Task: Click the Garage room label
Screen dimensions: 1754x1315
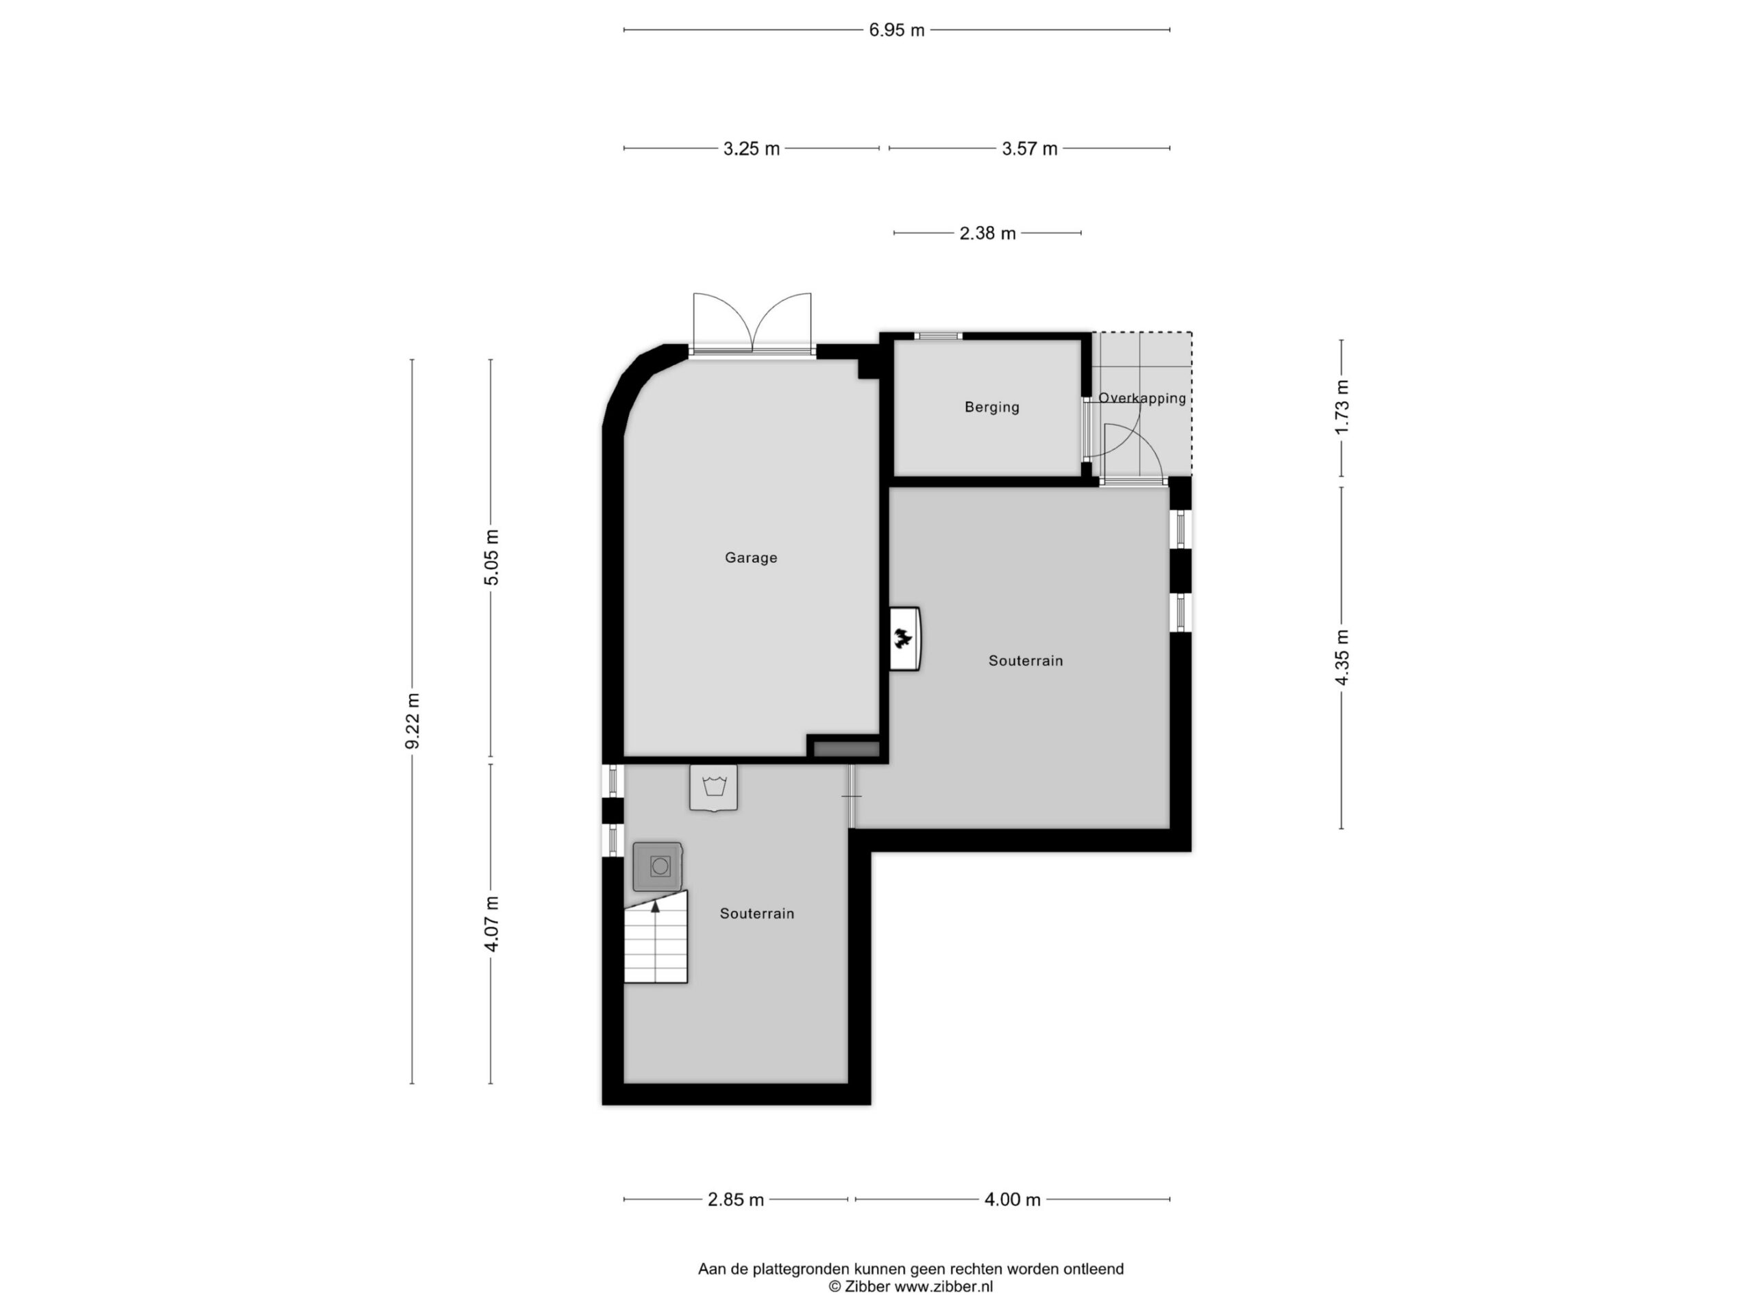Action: (x=751, y=558)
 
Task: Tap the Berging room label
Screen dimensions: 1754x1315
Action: (x=992, y=408)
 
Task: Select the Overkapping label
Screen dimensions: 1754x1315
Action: (x=1142, y=398)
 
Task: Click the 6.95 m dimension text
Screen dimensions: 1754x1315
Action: (x=897, y=30)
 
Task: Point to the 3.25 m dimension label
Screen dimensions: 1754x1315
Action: (x=751, y=148)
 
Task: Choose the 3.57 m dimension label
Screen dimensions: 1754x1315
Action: (x=1029, y=148)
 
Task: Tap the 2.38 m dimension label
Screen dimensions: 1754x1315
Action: (x=987, y=233)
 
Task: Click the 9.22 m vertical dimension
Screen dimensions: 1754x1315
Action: (x=412, y=721)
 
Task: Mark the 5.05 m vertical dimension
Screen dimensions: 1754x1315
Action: (x=492, y=558)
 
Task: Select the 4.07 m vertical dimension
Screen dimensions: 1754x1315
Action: (x=492, y=923)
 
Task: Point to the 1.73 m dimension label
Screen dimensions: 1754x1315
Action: (x=1342, y=408)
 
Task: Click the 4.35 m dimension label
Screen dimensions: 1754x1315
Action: (x=1342, y=658)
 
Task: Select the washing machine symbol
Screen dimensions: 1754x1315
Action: (x=657, y=866)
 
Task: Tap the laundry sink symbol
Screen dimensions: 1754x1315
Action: (x=714, y=787)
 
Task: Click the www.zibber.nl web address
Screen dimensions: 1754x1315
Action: (x=943, y=1286)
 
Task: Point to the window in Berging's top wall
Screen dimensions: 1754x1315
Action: (x=938, y=336)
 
